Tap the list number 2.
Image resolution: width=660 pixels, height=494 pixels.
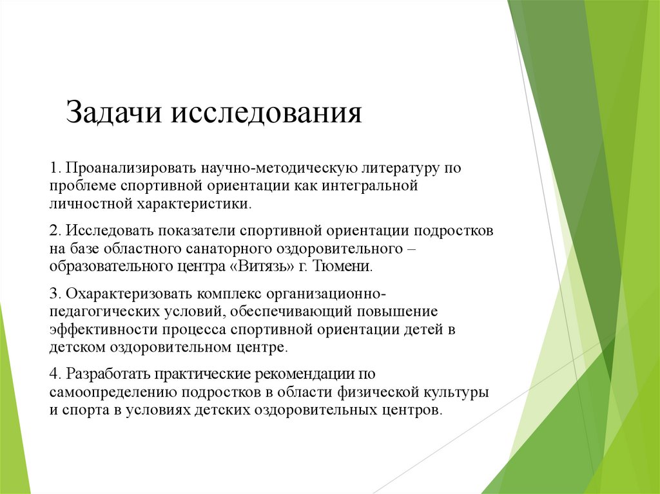53,231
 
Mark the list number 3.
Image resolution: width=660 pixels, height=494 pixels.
53,294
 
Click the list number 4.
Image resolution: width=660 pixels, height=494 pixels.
53,374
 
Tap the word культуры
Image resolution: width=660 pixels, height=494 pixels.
455,392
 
